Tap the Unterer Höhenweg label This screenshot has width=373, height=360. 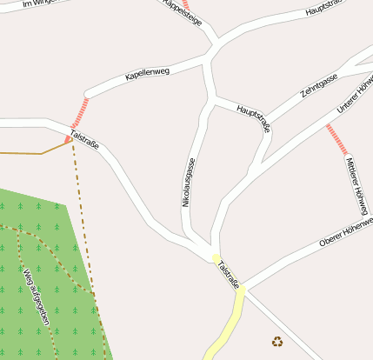(355, 96)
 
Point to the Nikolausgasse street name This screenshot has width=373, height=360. (187, 182)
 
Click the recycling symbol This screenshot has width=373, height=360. (277, 342)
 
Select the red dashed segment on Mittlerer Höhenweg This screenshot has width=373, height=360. (336, 138)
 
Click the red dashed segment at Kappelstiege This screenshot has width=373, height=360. (185, 4)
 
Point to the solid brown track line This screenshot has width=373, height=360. (35, 152)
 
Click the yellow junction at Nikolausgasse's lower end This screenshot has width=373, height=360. (216, 257)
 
